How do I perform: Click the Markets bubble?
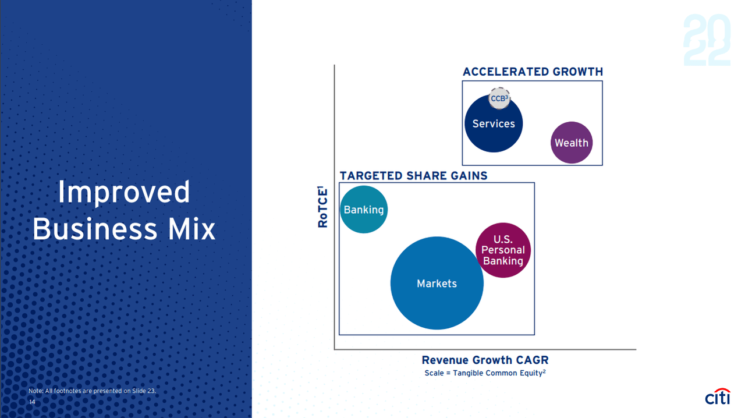click(437, 283)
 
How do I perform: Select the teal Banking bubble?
click(364, 210)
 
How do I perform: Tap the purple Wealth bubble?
click(572, 143)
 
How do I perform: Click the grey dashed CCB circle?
click(499, 98)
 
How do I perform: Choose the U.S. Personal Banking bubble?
click(503, 250)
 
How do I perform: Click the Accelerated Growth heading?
click(533, 72)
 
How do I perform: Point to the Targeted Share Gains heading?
click(413, 175)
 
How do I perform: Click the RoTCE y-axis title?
click(322, 207)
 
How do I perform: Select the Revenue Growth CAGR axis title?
click(485, 360)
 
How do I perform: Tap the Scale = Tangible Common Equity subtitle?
click(485, 373)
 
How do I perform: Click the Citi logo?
click(718, 396)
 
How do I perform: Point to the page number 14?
click(32, 402)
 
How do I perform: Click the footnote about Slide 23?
click(92, 391)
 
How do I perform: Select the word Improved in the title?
click(124, 192)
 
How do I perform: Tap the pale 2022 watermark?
click(707, 40)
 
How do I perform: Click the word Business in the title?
click(94, 229)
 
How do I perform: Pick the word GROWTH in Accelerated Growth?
click(578, 72)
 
